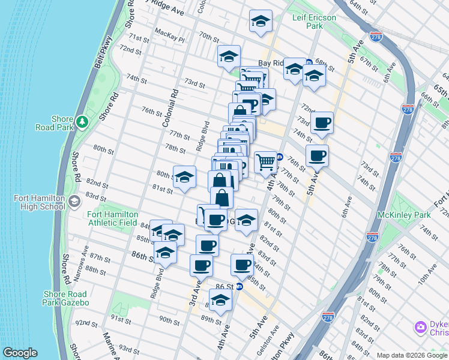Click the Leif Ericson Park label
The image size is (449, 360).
(315, 22)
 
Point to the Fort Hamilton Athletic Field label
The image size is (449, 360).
(112, 218)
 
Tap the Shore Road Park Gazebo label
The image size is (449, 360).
(66, 298)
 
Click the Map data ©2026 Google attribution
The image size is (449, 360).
(411, 355)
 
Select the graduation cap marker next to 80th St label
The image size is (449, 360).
(184, 176)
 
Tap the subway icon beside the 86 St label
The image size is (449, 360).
(239, 287)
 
